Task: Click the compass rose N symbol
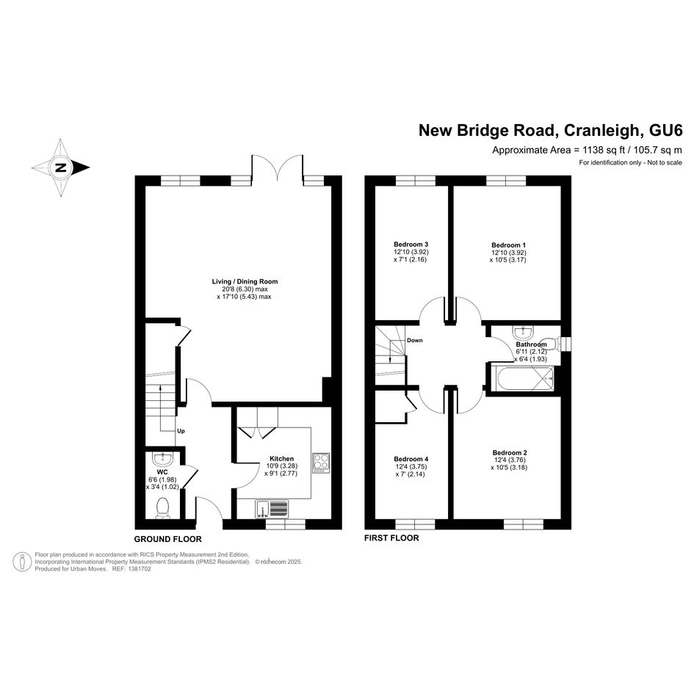click(61, 167)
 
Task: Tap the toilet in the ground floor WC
click(162, 508)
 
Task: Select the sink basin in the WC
click(162, 458)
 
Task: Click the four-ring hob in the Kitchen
click(322, 463)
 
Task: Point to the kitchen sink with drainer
click(272, 508)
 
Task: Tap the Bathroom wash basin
click(524, 331)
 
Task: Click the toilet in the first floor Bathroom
click(556, 344)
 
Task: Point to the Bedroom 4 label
click(411, 459)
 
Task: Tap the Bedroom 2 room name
click(510, 453)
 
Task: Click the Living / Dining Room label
click(245, 281)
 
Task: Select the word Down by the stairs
click(415, 340)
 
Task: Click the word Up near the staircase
click(181, 431)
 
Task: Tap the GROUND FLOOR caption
click(167, 539)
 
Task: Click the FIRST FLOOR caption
click(391, 538)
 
